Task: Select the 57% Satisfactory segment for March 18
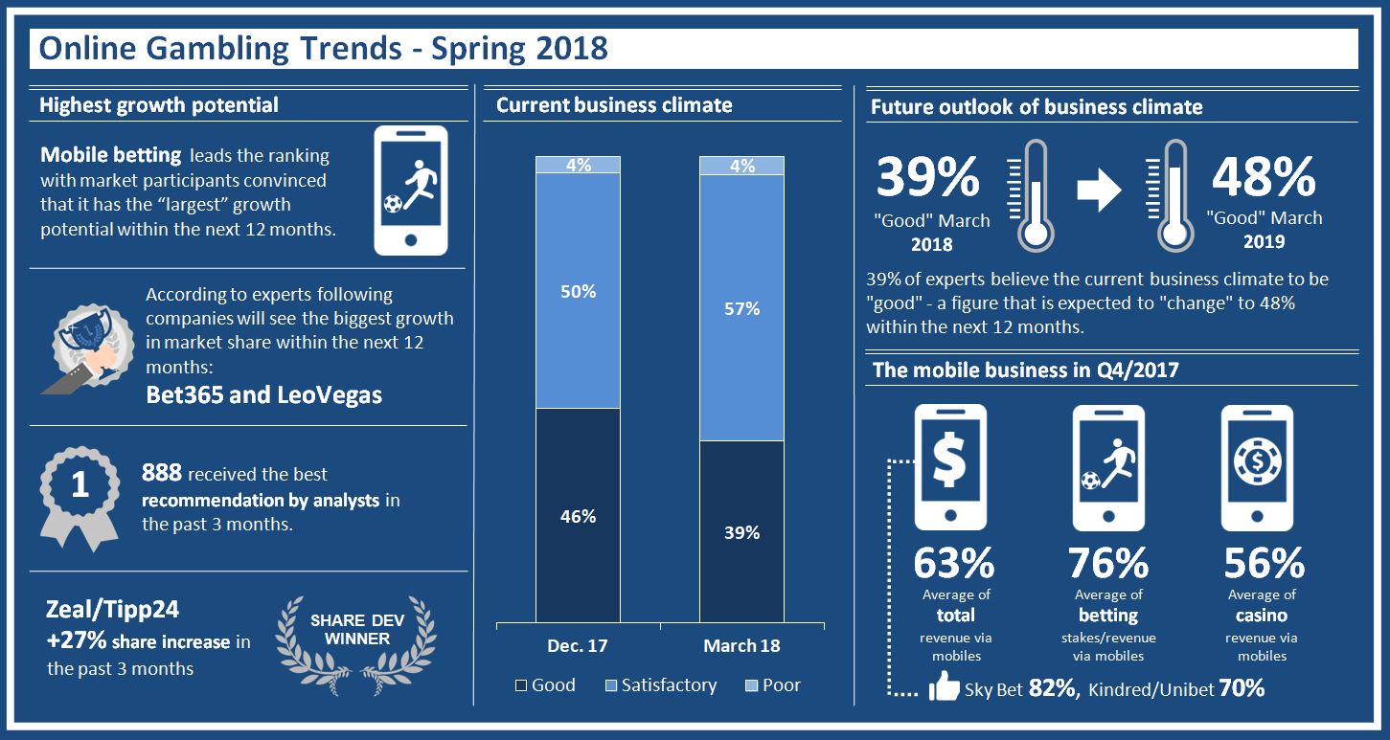coord(741,308)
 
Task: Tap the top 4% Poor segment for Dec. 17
coord(579,165)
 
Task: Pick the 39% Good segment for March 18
coord(741,531)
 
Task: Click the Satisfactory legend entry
coord(660,685)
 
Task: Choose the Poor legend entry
coord(772,685)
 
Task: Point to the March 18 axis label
coord(741,645)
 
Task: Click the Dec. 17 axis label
coord(578,645)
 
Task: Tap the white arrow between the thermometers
coord(1099,191)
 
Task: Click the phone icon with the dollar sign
coord(949,467)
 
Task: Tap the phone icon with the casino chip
coord(1256,467)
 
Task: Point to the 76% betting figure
coord(1108,564)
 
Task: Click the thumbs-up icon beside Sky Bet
coord(944,686)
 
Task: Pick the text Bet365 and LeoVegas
coord(263,394)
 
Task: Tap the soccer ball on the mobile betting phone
coord(392,203)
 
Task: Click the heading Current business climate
coord(614,105)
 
